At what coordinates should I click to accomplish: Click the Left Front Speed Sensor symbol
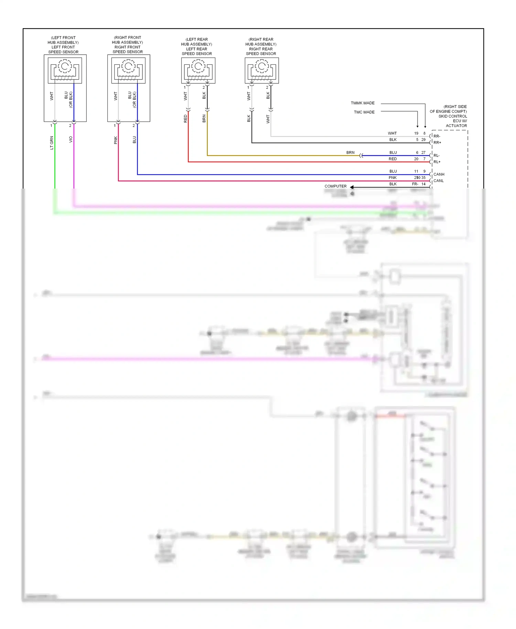65,71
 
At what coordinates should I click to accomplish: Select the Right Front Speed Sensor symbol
128,71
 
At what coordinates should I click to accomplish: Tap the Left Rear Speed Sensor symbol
198,71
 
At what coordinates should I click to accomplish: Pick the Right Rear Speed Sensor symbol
262,71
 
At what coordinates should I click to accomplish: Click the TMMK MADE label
363,103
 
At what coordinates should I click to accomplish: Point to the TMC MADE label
364,112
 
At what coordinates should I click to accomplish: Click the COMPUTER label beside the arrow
335,186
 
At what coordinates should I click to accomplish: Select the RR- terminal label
437,136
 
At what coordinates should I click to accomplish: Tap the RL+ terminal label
437,162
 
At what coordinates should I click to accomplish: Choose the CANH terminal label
439,174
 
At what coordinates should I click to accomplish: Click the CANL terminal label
438,181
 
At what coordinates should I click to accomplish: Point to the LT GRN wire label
52,143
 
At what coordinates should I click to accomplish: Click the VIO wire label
71,139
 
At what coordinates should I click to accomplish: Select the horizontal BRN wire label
350,152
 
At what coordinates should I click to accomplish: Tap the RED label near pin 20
393,159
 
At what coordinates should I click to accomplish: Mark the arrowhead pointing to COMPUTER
352,187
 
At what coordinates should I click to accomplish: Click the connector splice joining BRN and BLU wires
361,156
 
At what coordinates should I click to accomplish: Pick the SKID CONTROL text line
452,116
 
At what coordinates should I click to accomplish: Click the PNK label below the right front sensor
116,140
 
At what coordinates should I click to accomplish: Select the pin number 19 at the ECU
416,134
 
